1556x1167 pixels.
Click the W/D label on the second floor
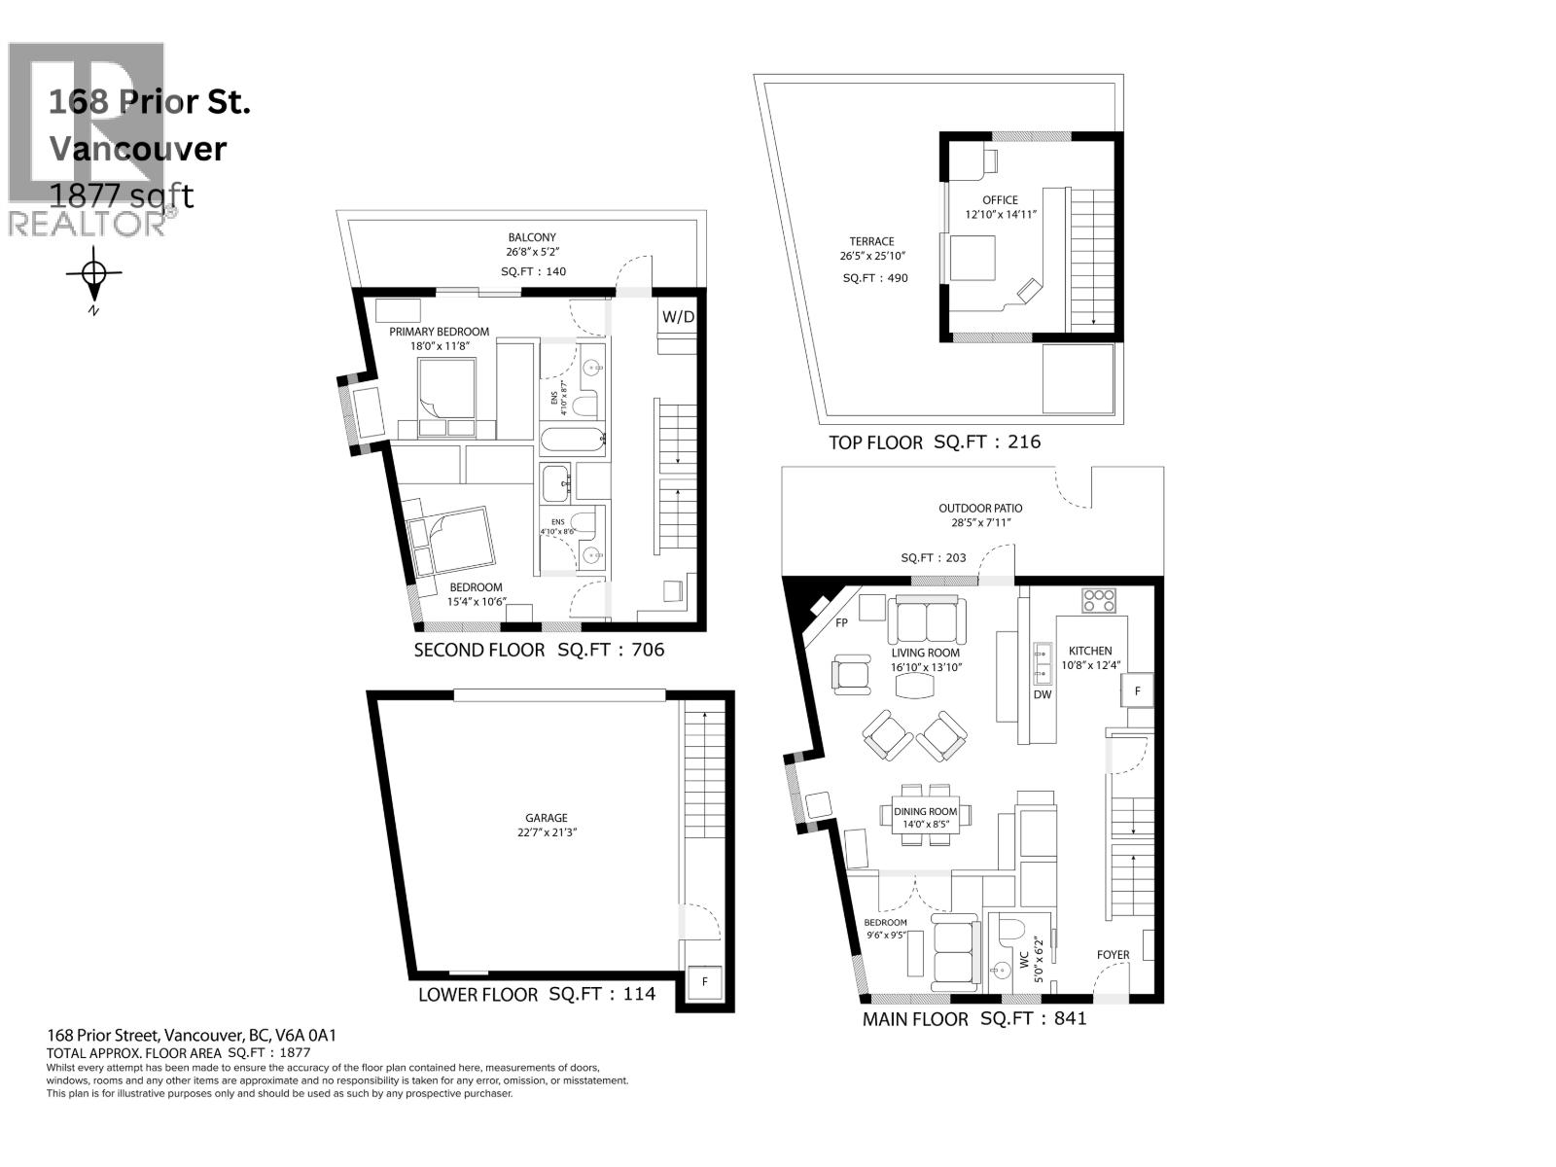coord(678,317)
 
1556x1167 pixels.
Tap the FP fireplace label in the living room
coord(841,623)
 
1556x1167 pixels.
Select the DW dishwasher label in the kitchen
coord(1043,694)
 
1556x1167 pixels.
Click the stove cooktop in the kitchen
coord(1100,600)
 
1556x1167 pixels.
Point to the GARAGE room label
coord(546,818)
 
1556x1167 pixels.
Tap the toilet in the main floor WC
coord(1009,930)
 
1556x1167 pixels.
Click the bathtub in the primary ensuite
coord(573,441)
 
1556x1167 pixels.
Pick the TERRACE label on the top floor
coord(870,241)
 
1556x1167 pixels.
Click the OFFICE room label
coord(999,200)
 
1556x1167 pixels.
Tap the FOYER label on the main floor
coord(1113,954)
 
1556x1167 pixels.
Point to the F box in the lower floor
coord(705,982)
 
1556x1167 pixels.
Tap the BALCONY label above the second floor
coord(532,237)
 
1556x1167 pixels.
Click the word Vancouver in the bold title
coord(137,149)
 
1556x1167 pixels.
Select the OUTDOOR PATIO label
coord(979,508)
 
